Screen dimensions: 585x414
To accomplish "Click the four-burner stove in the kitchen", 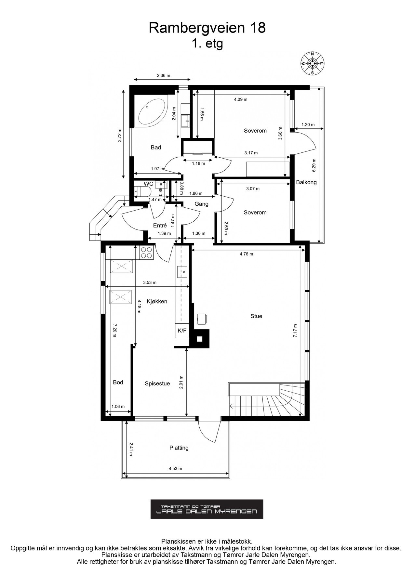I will (x=146, y=253).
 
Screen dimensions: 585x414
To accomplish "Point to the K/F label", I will (x=182, y=331).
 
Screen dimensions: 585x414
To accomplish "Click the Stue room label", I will (x=256, y=316).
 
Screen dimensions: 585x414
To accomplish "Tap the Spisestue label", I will (x=157, y=383).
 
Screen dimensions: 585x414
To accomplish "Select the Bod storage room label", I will (x=118, y=383).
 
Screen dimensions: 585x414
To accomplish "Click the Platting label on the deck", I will (x=179, y=448).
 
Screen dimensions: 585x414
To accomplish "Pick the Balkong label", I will (x=306, y=182).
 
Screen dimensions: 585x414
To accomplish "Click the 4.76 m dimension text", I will (x=246, y=254).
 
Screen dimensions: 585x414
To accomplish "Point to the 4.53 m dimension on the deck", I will (x=175, y=469).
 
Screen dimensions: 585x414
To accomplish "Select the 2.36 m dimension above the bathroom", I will (x=164, y=76).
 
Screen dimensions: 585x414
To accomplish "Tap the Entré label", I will (x=160, y=225).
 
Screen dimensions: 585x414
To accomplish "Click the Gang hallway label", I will (x=201, y=204).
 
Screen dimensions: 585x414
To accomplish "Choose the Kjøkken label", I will (x=157, y=302).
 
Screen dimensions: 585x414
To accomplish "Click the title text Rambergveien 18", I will (x=207, y=28).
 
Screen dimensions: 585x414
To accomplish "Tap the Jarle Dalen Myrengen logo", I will (x=207, y=509).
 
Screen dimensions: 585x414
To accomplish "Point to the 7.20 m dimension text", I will (x=114, y=330).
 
